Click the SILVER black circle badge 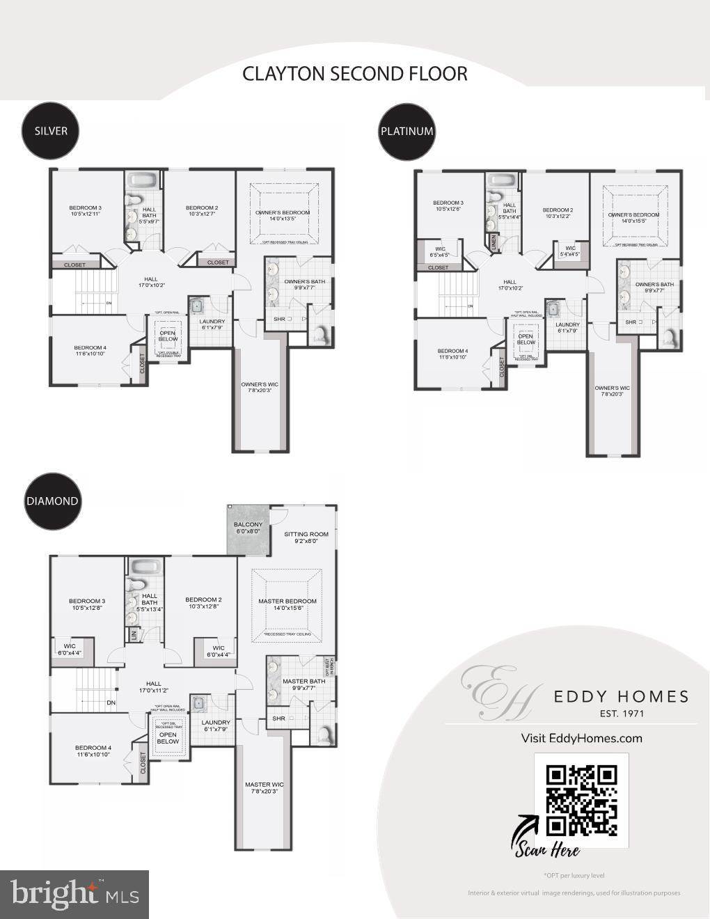(x=51, y=131)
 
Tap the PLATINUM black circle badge (x=407, y=131)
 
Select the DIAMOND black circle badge (x=52, y=501)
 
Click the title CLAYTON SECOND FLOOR (x=354, y=74)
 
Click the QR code (x=581, y=800)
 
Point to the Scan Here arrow (x=527, y=828)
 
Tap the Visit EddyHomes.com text (x=581, y=739)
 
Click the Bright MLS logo (x=74, y=894)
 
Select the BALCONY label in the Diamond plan (x=248, y=528)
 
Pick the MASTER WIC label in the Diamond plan (x=264, y=787)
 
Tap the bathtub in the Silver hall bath (x=144, y=180)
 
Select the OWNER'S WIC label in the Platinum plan (x=612, y=391)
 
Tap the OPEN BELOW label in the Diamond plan (x=168, y=738)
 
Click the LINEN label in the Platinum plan (x=494, y=242)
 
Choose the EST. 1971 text (x=622, y=714)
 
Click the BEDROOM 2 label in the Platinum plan (x=558, y=213)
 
